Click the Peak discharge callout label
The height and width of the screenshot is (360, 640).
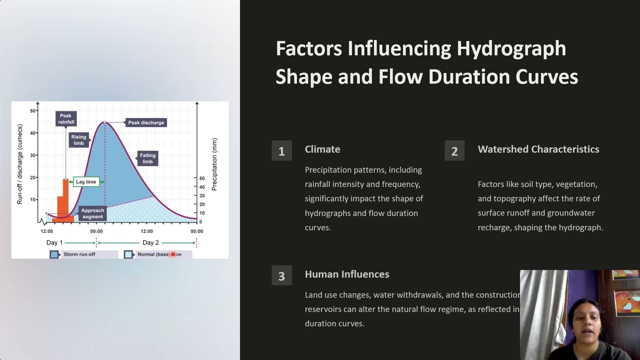pyautogui.click(x=145, y=122)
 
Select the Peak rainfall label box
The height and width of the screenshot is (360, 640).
pyautogui.click(x=65, y=119)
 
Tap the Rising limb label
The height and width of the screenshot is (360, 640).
pyautogui.click(x=79, y=140)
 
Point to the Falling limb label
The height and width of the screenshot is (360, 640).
pyautogui.click(x=147, y=158)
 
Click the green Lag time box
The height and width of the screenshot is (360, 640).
pyautogui.click(x=85, y=182)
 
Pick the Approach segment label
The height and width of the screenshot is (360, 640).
pyautogui.click(x=92, y=213)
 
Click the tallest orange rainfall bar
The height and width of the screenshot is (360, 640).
pyautogui.click(x=65, y=197)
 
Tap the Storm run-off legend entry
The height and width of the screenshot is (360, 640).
pyautogui.click(x=79, y=254)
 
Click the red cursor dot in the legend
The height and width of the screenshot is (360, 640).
pyautogui.click(x=173, y=254)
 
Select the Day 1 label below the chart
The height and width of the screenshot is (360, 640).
pyautogui.click(x=54, y=242)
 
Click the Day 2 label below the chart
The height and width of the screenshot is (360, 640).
pyautogui.click(x=150, y=242)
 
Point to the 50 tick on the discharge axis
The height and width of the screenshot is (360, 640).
pyautogui.click(x=33, y=110)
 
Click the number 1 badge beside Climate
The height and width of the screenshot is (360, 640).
pyautogui.click(x=281, y=151)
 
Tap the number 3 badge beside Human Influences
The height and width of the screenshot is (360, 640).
pyautogui.click(x=281, y=276)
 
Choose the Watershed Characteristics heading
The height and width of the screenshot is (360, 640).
pyautogui.click(x=538, y=149)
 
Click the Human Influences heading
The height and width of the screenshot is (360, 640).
pyautogui.click(x=346, y=274)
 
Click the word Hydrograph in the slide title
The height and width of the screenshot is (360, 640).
pyautogui.click(x=511, y=48)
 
